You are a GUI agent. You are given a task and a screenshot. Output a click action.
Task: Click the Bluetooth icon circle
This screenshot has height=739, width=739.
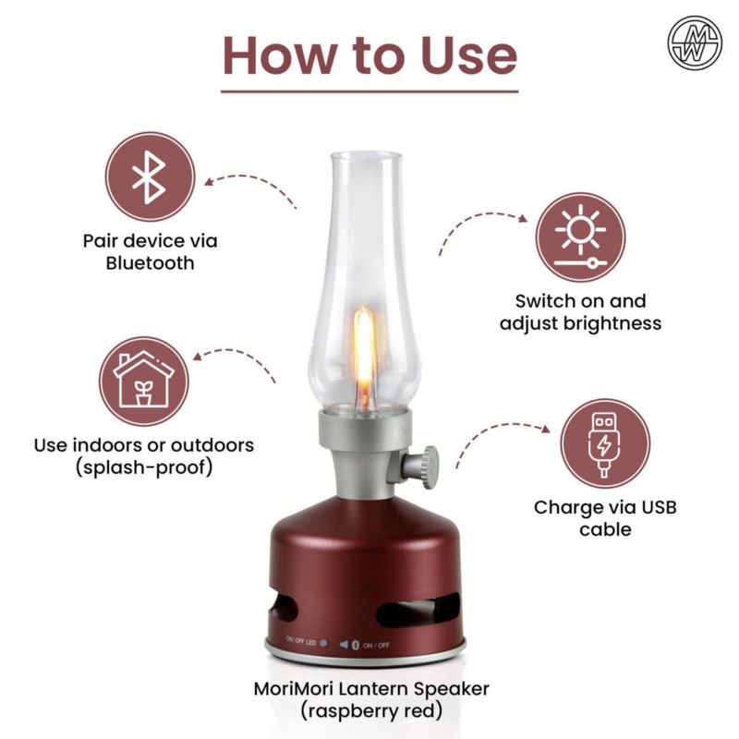tap(150, 176)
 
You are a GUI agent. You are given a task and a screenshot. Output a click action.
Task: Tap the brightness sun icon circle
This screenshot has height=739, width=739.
tap(580, 236)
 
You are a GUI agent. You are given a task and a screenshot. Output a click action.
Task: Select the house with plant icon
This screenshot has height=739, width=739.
tap(144, 381)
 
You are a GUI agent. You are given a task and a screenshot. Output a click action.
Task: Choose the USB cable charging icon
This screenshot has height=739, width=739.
tap(605, 443)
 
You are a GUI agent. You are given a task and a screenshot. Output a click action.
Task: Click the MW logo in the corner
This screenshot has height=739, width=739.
tap(695, 42)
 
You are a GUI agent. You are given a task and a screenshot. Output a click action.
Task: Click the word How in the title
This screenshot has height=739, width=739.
tap(278, 55)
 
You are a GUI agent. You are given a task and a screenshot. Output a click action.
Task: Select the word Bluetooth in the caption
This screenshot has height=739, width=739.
tap(150, 263)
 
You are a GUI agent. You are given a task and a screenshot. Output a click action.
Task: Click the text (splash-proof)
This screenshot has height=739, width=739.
tap(144, 467)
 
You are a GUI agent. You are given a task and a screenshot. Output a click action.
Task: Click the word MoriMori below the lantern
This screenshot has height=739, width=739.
tap(294, 689)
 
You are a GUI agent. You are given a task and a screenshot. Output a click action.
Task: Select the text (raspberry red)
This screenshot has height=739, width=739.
tap(371, 710)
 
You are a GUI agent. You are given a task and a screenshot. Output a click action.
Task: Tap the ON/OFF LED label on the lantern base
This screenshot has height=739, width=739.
tap(301, 640)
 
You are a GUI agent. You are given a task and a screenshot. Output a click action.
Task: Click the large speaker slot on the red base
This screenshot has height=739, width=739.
tap(418, 610)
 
